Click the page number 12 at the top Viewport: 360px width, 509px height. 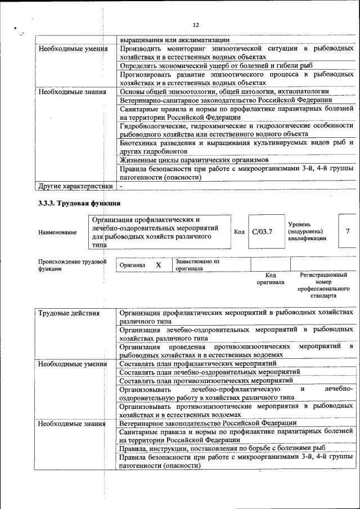tap(196, 25)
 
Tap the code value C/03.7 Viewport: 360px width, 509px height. tap(262, 231)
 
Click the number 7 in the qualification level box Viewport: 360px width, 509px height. tap(347, 231)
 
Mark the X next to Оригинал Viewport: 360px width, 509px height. tap(159, 264)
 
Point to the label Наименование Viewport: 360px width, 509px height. tap(58, 232)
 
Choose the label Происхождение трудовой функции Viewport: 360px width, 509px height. tap(71, 265)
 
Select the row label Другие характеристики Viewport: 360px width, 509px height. tap(75, 186)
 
